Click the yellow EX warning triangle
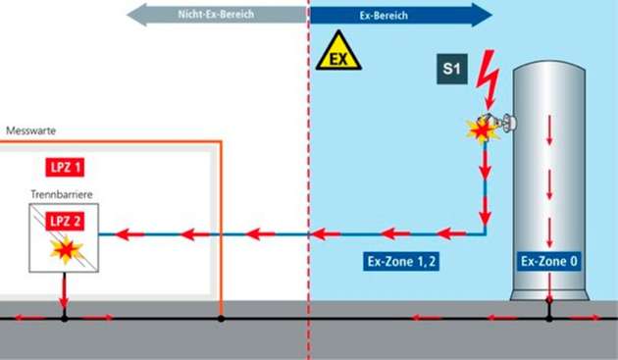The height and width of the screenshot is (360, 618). tap(338, 54)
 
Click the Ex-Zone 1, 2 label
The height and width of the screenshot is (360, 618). tap(388, 262)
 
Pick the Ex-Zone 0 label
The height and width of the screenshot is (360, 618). tap(549, 262)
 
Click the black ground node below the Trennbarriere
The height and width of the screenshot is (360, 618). tap(64, 318)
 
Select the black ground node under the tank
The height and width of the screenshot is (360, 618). tap(549, 318)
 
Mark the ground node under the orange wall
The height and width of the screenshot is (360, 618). tap(222, 318)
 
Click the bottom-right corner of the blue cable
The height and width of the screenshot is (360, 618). tap(485, 233)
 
